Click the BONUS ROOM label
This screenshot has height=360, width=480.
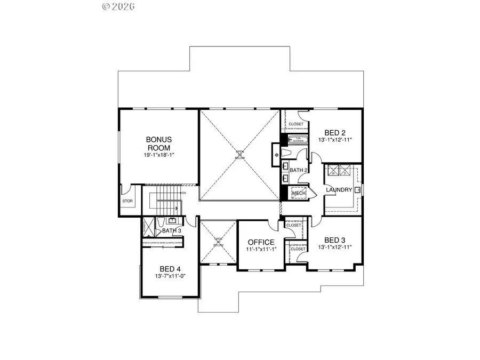tap(159, 143)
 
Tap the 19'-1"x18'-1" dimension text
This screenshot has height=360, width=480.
tap(159, 155)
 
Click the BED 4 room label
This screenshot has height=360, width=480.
tap(171, 269)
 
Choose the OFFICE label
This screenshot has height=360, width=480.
tap(261, 242)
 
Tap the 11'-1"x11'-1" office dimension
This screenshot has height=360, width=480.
tap(261, 249)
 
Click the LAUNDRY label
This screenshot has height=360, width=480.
tap(339, 190)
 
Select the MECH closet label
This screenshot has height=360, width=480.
tap(298, 193)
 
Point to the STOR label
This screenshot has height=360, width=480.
tap(127, 202)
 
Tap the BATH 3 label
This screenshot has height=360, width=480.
tap(172, 230)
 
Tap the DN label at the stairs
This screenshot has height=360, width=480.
tap(184, 193)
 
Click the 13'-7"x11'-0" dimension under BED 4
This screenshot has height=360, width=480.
tap(171, 276)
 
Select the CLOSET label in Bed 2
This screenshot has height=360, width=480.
tap(295, 124)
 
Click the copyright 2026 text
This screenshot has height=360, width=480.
tap(119, 7)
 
